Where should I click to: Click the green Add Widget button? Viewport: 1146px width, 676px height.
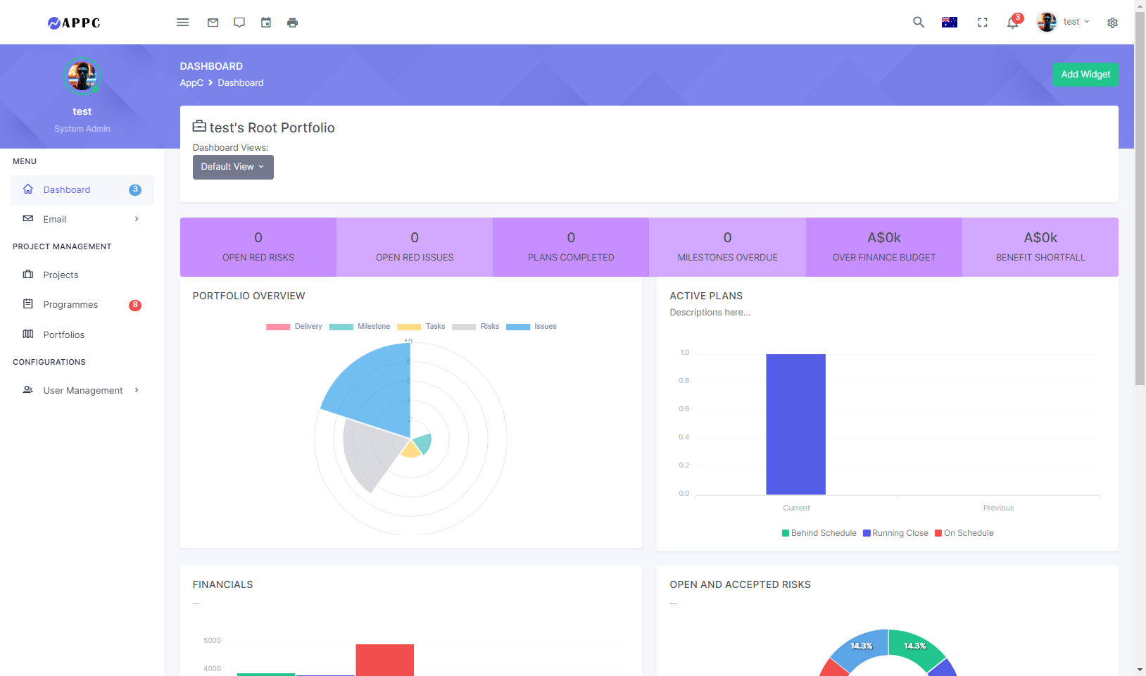point(1085,75)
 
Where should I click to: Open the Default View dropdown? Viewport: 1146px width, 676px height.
point(233,167)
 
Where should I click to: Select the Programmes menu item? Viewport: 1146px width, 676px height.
point(70,305)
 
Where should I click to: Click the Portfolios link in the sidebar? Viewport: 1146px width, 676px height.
point(63,334)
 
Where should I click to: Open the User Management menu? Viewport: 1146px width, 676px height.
point(82,390)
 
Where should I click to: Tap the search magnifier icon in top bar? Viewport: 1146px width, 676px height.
point(918,23)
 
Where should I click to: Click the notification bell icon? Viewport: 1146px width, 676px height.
point(1012,23)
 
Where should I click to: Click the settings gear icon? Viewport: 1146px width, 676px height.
point(1112,23)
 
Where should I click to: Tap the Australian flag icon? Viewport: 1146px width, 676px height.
point(949,23)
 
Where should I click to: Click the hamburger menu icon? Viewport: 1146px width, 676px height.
point(182,23)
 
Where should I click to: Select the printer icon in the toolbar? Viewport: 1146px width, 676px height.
point(292,23)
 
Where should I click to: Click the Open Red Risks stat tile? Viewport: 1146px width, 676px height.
point(258,246)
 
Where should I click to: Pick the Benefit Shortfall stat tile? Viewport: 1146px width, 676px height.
point(1040,246)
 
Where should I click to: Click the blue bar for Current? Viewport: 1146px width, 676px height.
point(795,424)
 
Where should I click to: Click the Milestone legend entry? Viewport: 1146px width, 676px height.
point(360,327)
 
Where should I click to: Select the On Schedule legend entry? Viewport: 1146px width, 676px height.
point(964,533)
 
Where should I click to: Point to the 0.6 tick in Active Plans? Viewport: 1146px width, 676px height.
point(684,409)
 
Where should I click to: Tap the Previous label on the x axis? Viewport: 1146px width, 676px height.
point(998,508)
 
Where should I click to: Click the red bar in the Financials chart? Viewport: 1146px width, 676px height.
point(384,660)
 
